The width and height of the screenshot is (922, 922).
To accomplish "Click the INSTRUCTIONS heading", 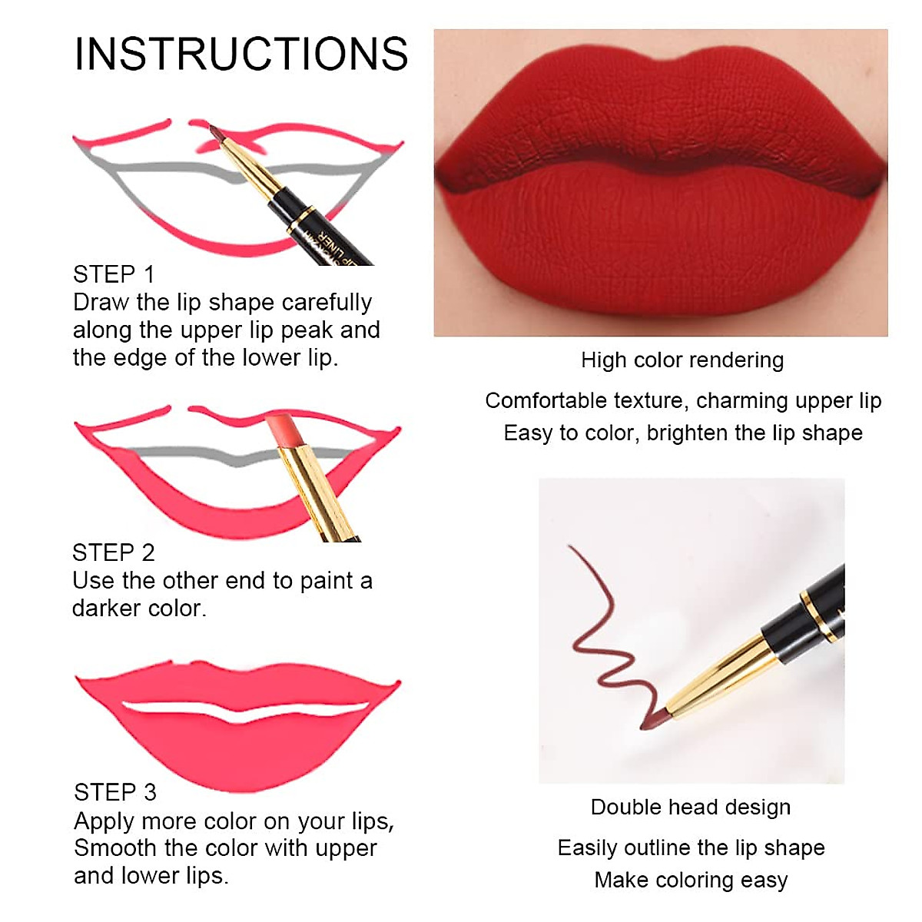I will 240,54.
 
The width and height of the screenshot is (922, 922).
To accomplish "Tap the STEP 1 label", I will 114,274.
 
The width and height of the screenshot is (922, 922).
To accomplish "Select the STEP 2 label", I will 114,552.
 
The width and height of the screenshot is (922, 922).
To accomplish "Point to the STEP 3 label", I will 115,792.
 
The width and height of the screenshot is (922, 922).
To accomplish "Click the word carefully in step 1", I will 327,303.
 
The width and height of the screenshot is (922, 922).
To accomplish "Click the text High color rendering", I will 682,360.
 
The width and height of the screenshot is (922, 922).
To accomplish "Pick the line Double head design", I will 690,808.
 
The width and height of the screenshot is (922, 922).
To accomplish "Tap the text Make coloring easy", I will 690,880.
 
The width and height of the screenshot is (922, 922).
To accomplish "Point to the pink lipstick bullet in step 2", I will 281,431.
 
